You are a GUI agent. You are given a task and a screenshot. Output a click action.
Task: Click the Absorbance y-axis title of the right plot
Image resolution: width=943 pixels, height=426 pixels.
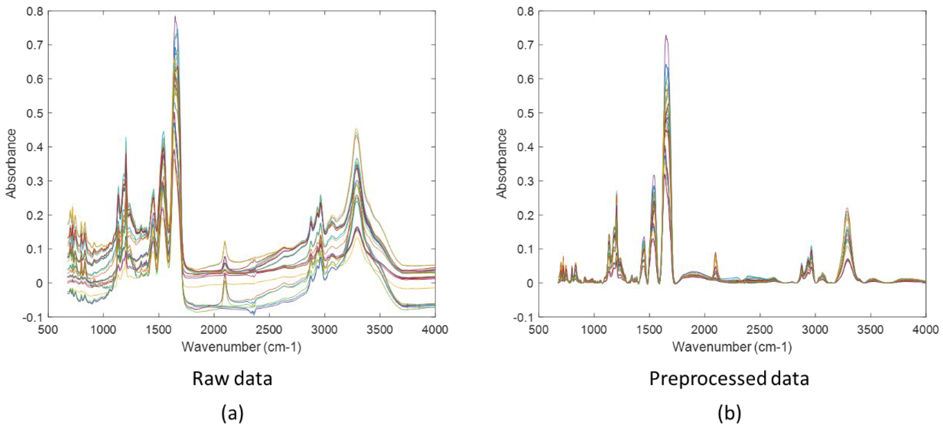503,164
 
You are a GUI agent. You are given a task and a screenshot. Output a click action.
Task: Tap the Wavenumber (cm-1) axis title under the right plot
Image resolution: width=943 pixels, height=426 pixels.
732,346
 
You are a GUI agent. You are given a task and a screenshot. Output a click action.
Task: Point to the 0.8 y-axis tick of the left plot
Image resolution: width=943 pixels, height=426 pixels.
34,11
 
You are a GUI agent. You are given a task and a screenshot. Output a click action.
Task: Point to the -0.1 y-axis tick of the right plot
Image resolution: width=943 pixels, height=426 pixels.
524,317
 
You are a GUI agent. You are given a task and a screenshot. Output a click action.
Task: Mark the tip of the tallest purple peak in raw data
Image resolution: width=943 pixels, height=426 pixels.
175,16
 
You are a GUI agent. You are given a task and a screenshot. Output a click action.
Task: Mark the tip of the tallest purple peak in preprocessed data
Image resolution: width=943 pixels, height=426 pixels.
666,36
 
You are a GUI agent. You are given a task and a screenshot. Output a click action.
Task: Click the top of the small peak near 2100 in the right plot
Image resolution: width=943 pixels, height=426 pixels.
715,253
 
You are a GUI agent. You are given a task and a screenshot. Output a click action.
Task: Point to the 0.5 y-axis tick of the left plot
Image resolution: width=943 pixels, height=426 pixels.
34,113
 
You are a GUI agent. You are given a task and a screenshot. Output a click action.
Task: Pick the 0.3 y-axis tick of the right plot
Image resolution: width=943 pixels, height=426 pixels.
525,181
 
